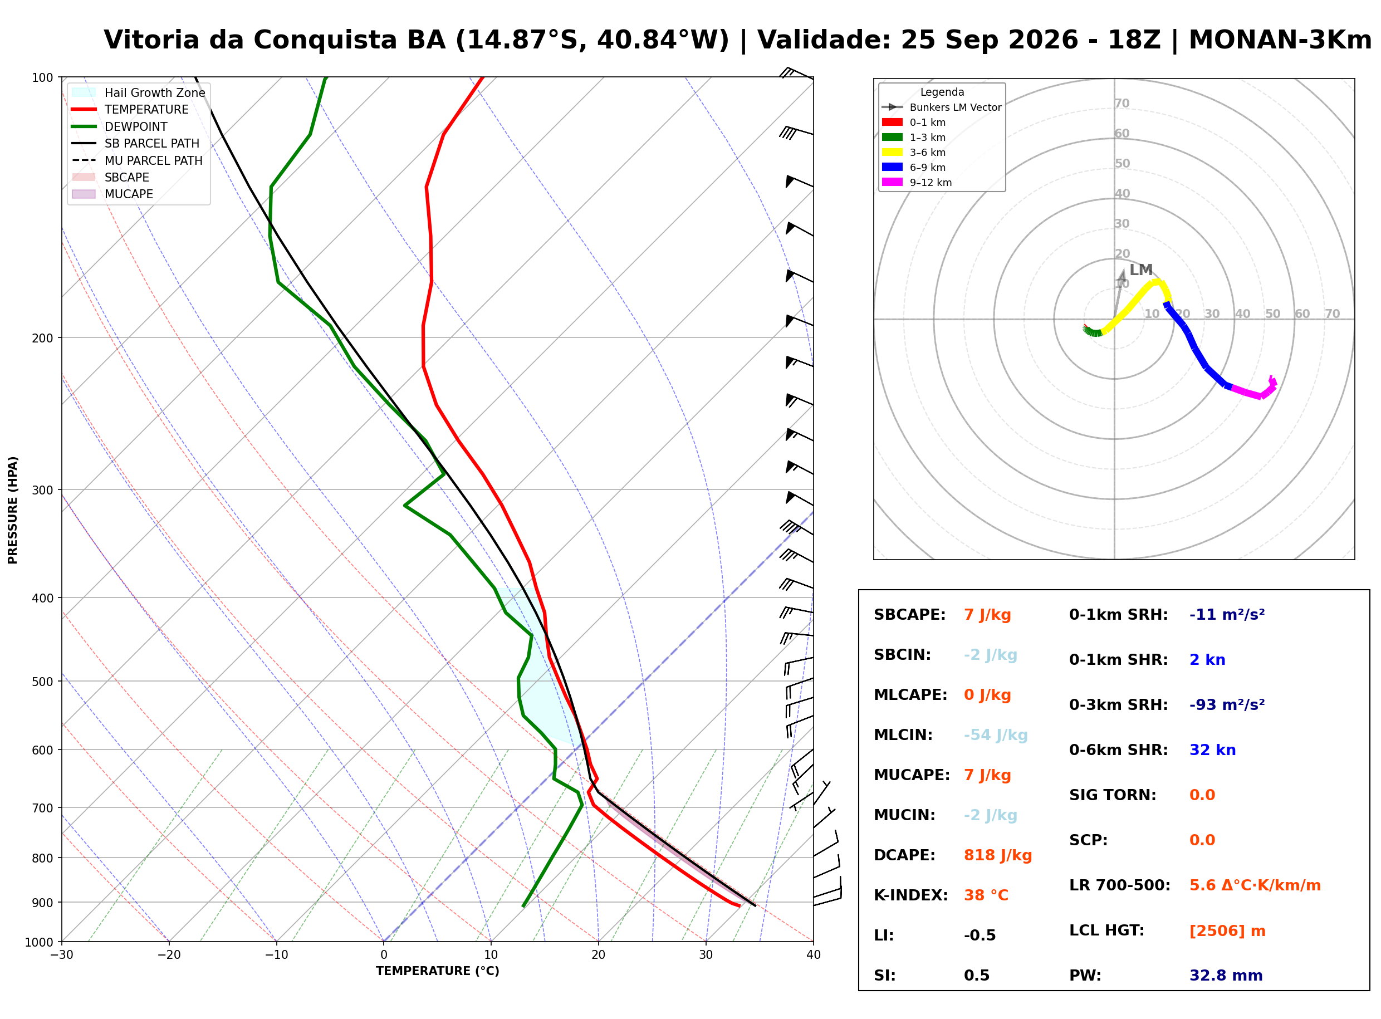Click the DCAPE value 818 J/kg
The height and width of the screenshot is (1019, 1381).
point(997,855)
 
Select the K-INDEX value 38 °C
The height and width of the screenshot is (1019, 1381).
point(986,895)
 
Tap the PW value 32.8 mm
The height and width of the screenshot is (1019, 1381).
point(1226,975)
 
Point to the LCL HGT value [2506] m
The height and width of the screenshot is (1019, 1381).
point(1227,931)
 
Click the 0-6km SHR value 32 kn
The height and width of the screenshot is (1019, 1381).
point(1212,750)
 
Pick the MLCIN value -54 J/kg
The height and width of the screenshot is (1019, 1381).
point(996,735)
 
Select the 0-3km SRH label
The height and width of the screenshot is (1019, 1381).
point(1118,705)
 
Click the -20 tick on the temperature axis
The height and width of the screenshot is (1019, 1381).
point(169,955)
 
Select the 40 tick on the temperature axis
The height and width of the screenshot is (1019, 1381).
point(813,955)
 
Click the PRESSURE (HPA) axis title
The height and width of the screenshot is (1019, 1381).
point(13,510)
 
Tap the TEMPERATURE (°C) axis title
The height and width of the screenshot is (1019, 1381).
point(437,971)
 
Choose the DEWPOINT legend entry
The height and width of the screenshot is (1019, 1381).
point(120,126)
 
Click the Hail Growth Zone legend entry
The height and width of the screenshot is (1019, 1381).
point(139,92)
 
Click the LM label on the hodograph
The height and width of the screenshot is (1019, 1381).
point(1140,270)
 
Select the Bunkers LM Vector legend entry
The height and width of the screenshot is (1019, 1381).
point(941,107)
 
